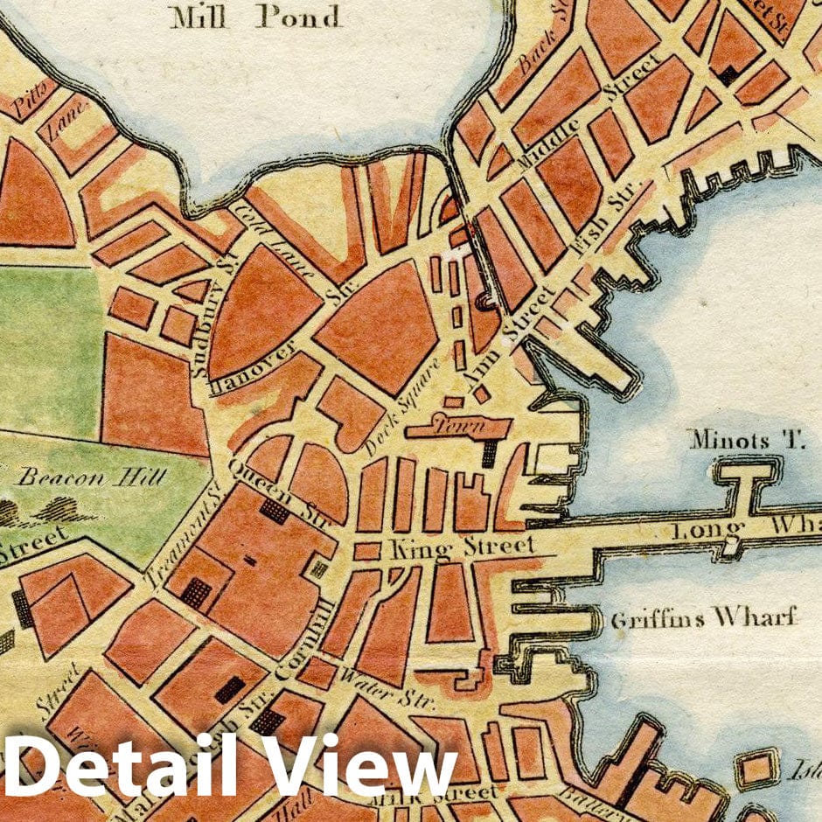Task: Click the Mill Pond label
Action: [x=257, y=17]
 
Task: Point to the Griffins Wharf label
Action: [x=704, y=619]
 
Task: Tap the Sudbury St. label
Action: [x=205, y=324]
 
